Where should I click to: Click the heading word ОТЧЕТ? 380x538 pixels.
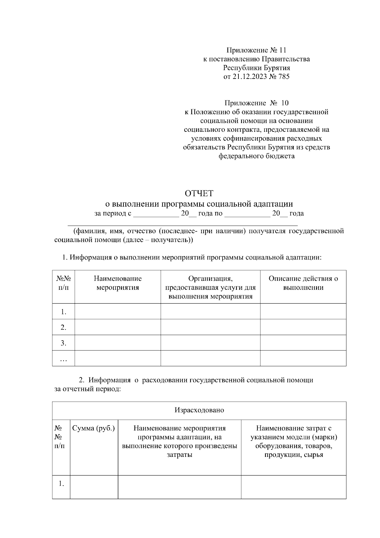click(x=199, y=193)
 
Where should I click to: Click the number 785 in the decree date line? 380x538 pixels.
click(x=284, y=77)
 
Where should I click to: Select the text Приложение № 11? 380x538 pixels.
click(x=256, y=50)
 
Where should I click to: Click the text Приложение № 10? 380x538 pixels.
click(x=256, y=103)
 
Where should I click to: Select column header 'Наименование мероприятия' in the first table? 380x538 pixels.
click(x=118, y=283)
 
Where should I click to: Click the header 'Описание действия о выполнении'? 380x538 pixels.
click(x=303, y=283)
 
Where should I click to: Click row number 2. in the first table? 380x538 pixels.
click(x=63, y=327)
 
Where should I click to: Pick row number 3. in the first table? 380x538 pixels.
click(x=63, y=343)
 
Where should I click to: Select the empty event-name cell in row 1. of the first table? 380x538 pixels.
click(x=118, y=312)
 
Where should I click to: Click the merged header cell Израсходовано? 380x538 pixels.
click(x=199, y=410)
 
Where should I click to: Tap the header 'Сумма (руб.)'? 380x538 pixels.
click(x=94, y=428)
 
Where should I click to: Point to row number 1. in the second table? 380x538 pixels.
click(x=61, y=484)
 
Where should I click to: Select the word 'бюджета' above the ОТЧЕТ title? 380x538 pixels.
click(x=280, y=156)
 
